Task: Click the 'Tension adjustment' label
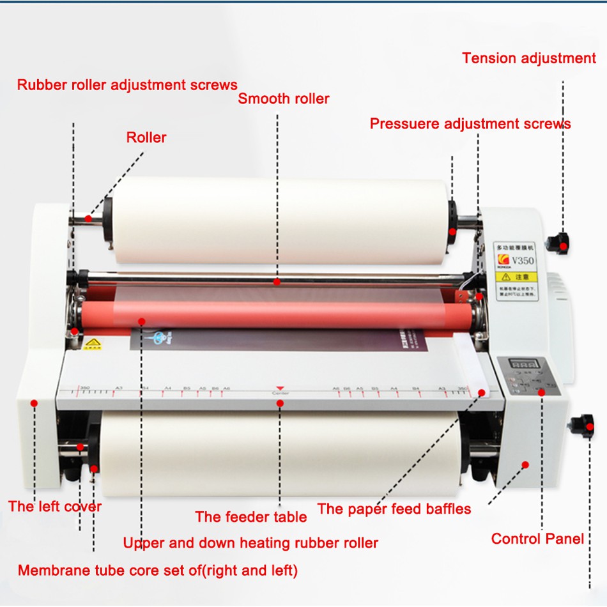click(528, 58)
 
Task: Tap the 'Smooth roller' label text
click(284, 98)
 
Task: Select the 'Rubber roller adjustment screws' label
click(127, 84)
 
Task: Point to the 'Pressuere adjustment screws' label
click(470, 123)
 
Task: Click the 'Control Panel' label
click(537, 539)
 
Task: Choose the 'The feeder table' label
click(251, 516)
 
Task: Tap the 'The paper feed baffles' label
click(394, 509)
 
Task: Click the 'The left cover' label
click(55, 507)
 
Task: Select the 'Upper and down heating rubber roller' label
click(250, 543)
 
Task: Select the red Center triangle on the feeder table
click(280, 388)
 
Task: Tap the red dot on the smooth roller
click(277, 280)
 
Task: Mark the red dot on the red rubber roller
click(141, 321)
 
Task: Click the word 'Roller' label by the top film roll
click(146, 137)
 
